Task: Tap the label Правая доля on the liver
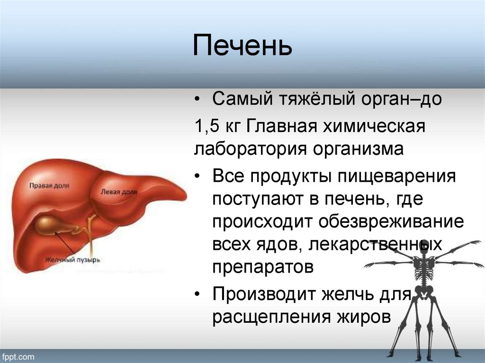click(x=49, y=186)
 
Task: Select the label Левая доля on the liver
click(x=119, y=192)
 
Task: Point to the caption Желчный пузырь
click(x=72, y=260)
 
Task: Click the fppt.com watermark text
click(x=18, y=356)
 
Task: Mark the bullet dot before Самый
click(x=197, y=101)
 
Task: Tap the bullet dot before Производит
click(x=197, y=295)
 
